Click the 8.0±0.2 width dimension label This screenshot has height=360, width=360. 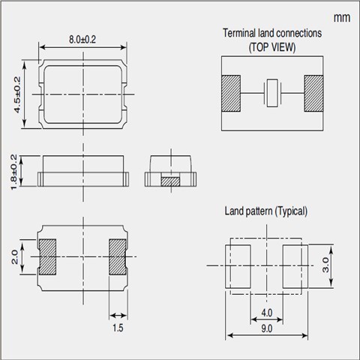pos(82,40)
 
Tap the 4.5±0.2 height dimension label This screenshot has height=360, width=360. pos(17,94)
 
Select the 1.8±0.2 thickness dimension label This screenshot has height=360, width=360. pos(14,172)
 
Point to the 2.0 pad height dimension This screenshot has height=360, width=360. pos(15,256)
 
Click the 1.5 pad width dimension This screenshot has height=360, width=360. pos(118,328)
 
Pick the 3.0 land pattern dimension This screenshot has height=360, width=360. pos(325,265)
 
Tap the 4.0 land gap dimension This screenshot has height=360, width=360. pos(267,313)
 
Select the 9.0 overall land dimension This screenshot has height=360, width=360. pos(267,328)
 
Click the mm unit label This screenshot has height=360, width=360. pos(342,18)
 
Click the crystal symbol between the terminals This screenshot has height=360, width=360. pos(272,93)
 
